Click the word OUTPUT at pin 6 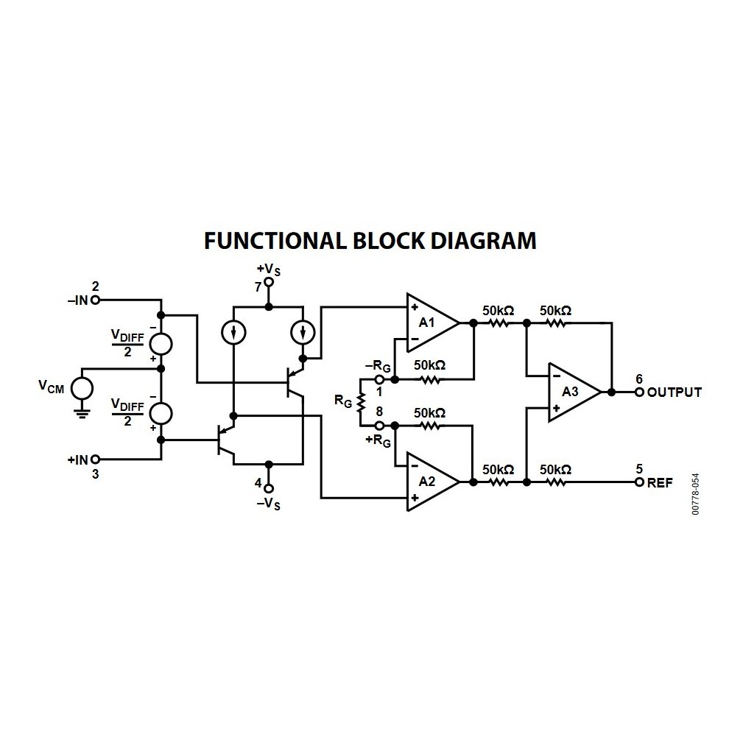(x=675, y=392)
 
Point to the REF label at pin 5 (x=660, y=483)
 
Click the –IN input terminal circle (x=95, y=300)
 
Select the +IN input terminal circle (x=95, y=459)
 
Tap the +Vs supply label (x=268, y=270)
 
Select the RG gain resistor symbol (x=361, y=402)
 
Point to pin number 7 (x=258, y=287)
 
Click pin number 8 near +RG (x=378, y=412)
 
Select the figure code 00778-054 (x=695, y=493)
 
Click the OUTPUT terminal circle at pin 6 (x=639, y=392)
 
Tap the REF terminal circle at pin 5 (x=639, y=482)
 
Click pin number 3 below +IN (x=95, y=474)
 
